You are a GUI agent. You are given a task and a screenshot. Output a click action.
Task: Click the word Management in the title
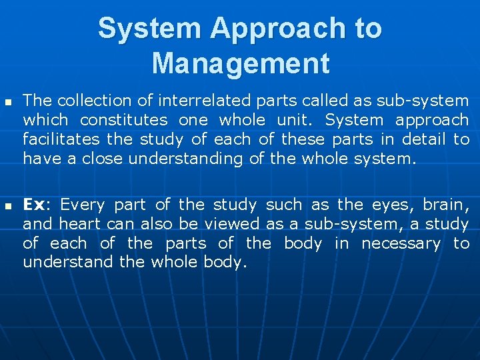tap(240, 63)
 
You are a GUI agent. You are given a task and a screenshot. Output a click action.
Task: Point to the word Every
tap(82, 205)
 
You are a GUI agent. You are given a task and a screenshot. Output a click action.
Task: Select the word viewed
tap(233, 224)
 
